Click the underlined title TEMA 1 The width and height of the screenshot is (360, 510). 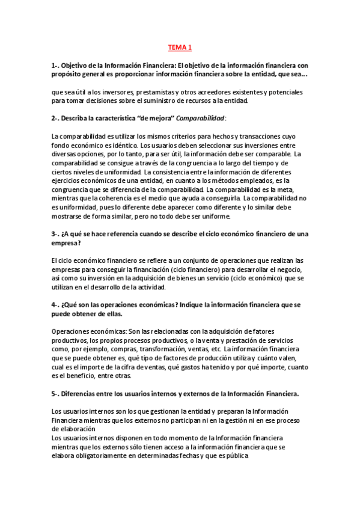(180, 47)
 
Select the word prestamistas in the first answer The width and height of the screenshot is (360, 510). (147, 93)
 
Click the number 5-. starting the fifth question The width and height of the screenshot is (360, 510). (56, 393)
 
